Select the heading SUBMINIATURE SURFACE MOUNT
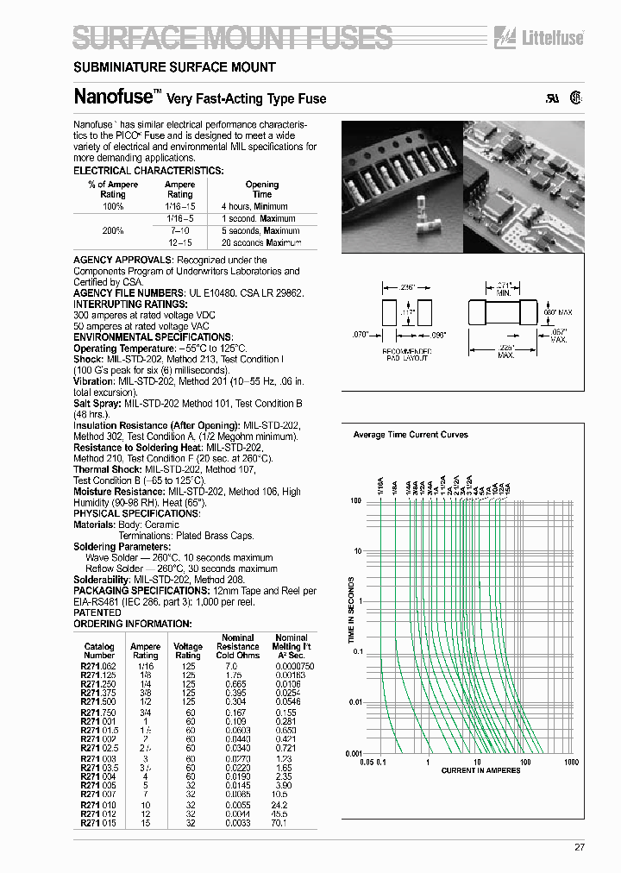174,66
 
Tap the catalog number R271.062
99,667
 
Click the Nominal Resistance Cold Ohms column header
237,646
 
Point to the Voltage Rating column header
188,651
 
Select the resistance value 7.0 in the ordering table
231,667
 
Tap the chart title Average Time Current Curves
411,435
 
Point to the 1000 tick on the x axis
570,762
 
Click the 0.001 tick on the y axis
354,753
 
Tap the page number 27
580,847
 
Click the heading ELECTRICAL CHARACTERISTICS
148,171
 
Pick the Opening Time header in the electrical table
262,189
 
